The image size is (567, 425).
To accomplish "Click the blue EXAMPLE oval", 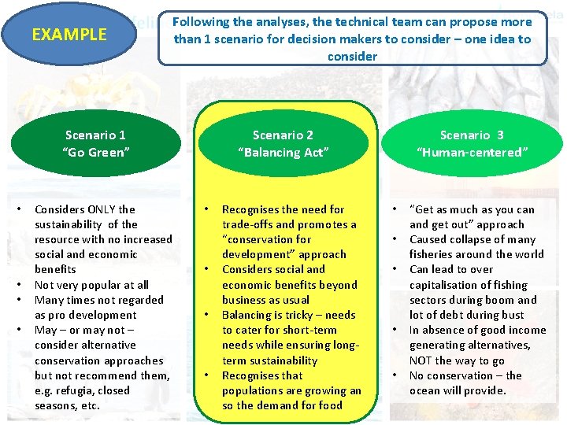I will point(69,34).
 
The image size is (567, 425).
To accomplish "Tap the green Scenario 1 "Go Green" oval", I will point(95,144).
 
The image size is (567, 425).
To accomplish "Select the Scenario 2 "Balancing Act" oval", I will point(283,144).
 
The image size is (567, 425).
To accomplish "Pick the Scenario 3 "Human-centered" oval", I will point(472,144).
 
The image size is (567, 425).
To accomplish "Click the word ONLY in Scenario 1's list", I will point(98,209).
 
